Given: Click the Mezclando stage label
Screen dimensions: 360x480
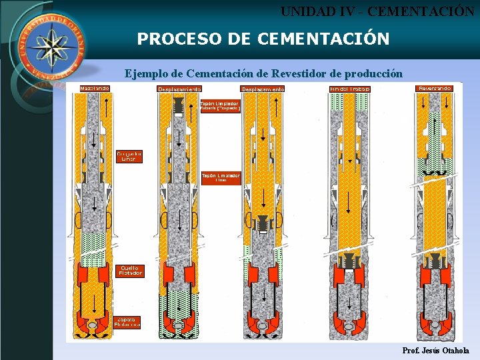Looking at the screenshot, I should pos(95,88).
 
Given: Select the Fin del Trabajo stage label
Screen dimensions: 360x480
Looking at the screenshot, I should pos(350,89).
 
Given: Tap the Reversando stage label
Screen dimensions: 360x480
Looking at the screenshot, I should pos(435,88).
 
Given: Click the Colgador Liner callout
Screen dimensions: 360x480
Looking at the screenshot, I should pos(129,156).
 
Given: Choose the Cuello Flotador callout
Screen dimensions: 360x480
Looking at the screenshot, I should pos(130,271).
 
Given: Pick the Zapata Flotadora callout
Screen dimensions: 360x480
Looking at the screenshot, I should pos(127,322).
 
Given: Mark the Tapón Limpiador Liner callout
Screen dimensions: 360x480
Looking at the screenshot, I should pos(220,177).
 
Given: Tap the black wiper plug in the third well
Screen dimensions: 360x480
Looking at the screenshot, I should pos(263,224).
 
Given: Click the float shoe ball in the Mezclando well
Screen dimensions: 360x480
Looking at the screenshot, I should pos(94,325).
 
